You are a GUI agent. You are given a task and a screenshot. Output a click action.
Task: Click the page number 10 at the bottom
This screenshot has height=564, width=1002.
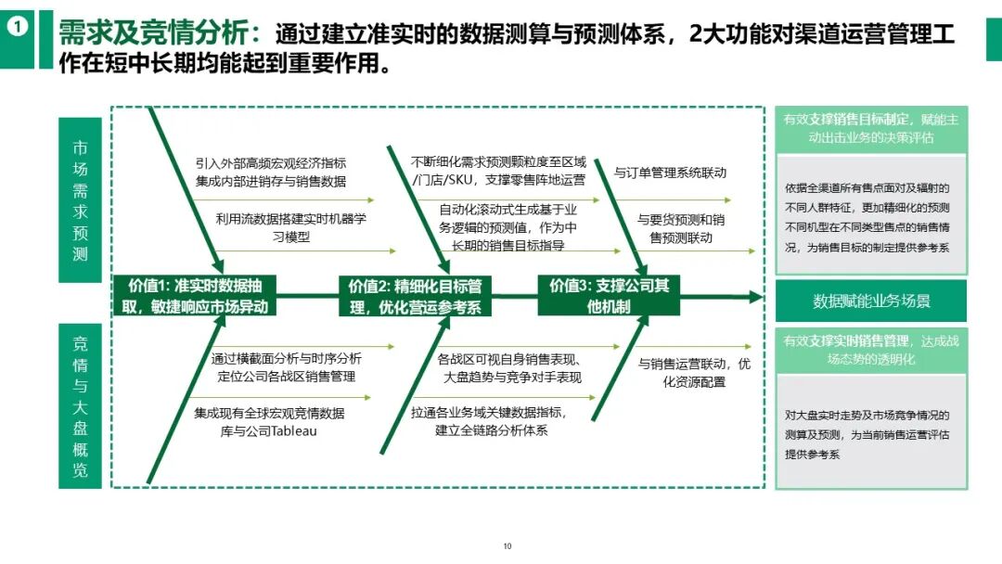tap(507, 545)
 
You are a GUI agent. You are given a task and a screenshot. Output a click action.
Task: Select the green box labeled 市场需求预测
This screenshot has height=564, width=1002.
tap(80, 199)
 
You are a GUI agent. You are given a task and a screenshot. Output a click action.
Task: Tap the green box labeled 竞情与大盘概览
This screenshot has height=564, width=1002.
tap(80, 405)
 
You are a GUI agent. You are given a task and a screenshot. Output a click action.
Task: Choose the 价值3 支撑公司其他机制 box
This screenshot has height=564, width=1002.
tap(609, 296)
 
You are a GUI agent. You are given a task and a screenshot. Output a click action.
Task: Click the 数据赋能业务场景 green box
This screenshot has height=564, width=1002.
tap(871, 301)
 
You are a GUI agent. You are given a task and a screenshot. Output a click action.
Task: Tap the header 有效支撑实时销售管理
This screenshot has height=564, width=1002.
tap(871, 349)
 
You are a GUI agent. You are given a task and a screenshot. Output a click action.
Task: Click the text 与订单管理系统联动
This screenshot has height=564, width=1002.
tap(670, 173)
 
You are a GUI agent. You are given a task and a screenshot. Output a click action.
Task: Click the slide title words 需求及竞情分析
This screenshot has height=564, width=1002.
tap(154, 34)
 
